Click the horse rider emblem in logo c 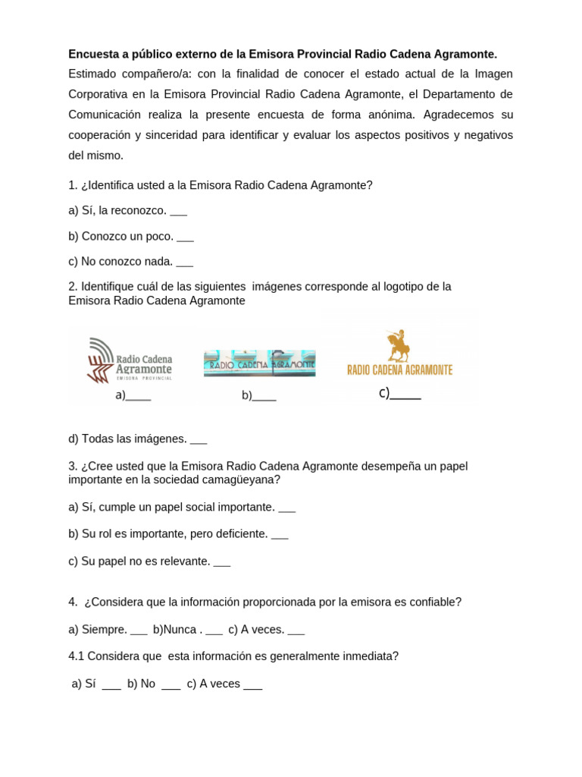(398, 345)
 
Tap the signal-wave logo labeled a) (130, 359)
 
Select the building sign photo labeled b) (259, 363)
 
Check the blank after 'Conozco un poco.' (185, 238)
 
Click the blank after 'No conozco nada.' (184, 263)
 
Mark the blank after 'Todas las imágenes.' (199, 440)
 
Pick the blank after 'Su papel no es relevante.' (222, 563)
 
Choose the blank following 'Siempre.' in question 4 (139, 631)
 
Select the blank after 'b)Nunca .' (214, 631)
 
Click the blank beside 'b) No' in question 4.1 (171, 685)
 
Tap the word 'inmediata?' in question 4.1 (369, 656)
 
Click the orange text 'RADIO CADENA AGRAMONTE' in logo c (399, 370)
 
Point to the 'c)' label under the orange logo (383, 392)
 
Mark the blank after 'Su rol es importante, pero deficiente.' (280, 535)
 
